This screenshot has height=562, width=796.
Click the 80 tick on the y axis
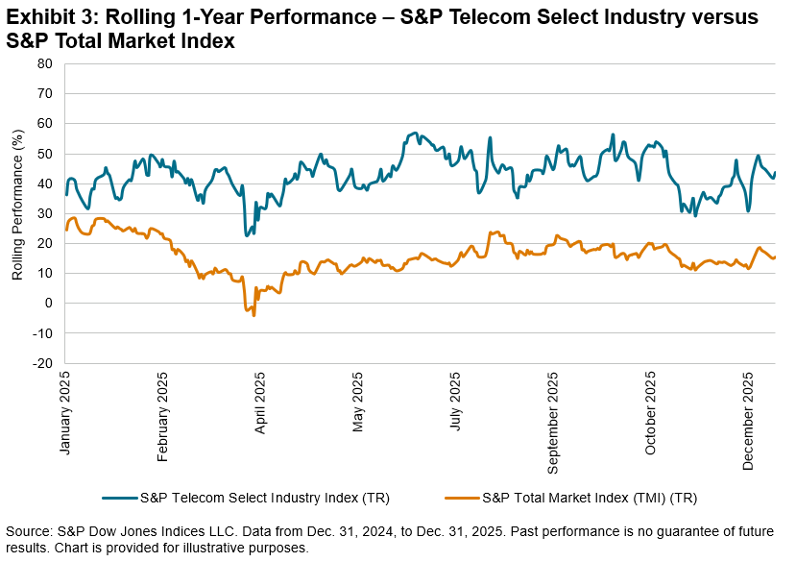click(x=45, y=63)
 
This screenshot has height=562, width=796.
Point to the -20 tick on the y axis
click(x=43, y=364)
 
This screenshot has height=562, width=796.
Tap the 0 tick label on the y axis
click(x=48, y=304)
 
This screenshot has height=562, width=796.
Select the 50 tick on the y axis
click(x=45, y=154)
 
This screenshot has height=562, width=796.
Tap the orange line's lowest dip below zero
click(x=253, y=315)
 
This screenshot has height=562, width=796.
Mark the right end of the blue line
click(x=776, y=173)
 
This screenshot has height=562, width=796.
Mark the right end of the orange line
click(x=776, y=257)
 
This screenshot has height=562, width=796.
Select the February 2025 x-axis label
click(x=164, y=410)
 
